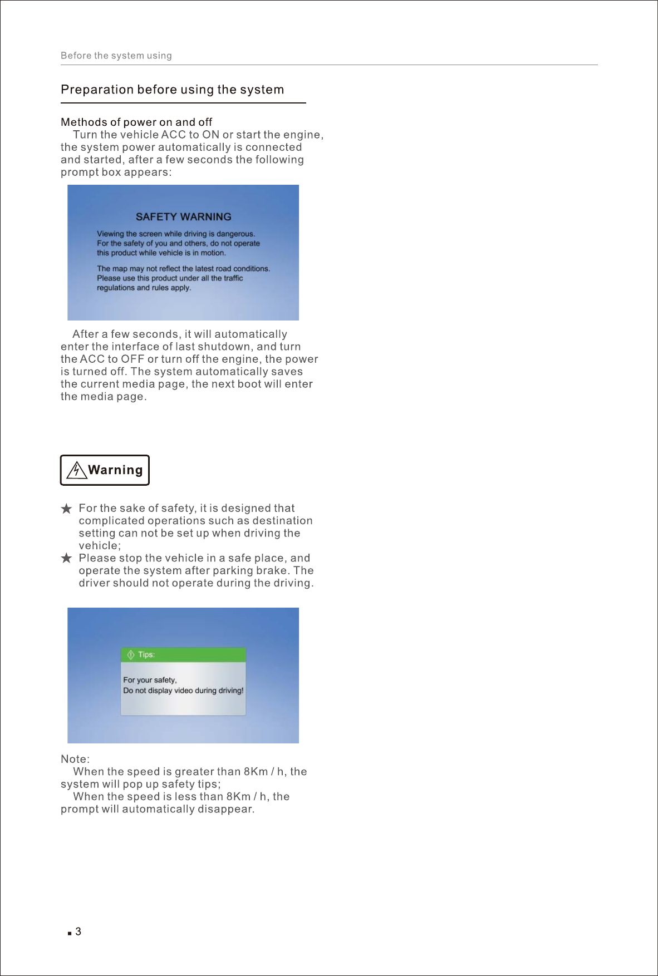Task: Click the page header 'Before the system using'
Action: click(116, 56)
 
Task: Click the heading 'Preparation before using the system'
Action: click(172, 90)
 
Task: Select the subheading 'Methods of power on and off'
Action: click(136, 122)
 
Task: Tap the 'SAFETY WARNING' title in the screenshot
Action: click(183, 217)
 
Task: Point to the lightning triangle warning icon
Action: click(76, 470)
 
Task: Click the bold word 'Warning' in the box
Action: click(115, 470)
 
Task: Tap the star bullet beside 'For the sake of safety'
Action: click(66, 509)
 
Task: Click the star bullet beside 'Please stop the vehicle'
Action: click(66, 558)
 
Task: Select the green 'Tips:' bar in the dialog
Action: click(183, 655)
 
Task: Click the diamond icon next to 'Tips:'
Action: click(131, 655)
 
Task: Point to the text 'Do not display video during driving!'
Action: click(183, 691)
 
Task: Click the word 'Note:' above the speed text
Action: click(75, 759)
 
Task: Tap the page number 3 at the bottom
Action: click(78, 931)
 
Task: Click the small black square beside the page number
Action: click(70, 933)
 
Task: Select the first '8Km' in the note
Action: click(256, 772)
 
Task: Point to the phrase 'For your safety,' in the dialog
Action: click(150, 680)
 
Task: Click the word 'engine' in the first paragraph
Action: click(302, 135)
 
